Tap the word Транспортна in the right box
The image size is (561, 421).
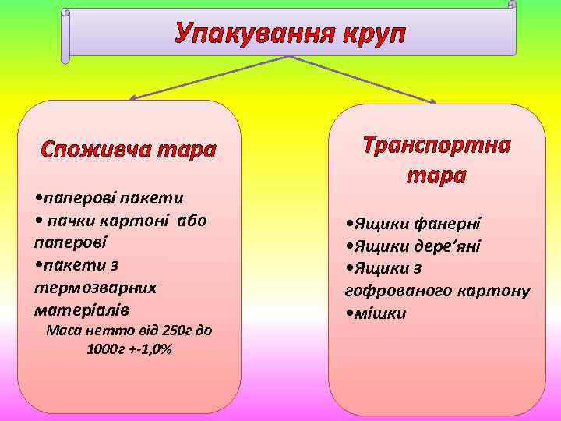436,146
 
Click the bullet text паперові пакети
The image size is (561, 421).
108,196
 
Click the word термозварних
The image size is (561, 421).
95,288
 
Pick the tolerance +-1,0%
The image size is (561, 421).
152,348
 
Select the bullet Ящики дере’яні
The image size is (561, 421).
413,246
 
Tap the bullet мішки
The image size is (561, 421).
377,313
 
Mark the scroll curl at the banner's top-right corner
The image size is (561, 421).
511,5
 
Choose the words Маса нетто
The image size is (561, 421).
80,331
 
